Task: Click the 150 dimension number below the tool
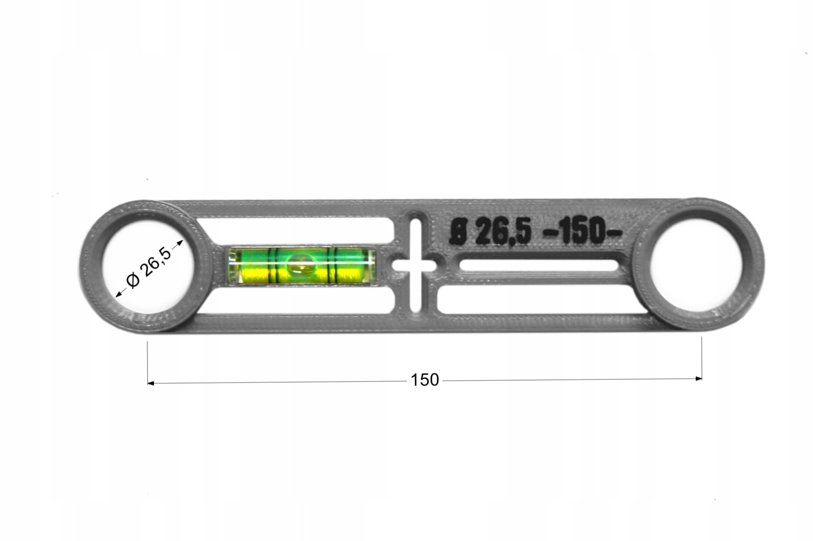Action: click(425, 380)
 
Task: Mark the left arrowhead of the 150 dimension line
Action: click(151, 383)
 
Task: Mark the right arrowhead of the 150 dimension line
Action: click(698, 379)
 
